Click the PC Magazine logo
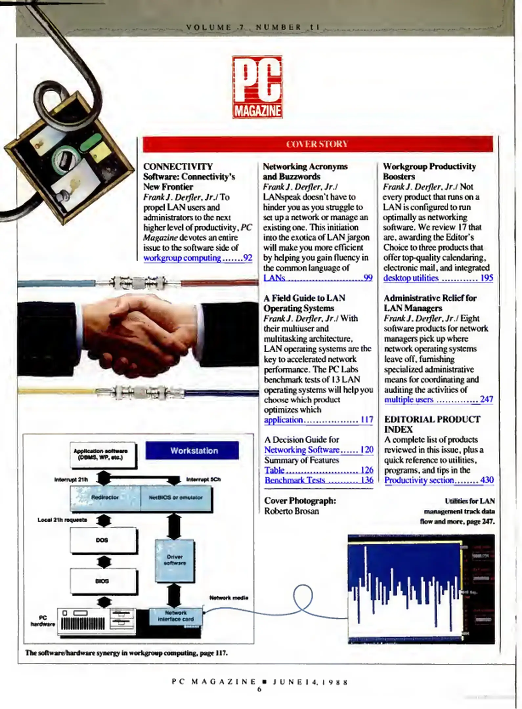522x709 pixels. [x=257, y=87]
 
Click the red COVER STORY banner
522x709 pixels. [x=317, y=144]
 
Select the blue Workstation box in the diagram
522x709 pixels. [x=192, y=451]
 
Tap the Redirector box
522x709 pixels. [x=105, y=498]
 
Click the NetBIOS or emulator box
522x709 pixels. [x=176, y=498]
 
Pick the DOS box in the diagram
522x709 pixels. [x=102, y=540]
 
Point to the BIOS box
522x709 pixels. [x=102, y=581]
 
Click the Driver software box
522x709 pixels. [x=175, y=560]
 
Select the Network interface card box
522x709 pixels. [x=176, y=616]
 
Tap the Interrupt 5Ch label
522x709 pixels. [x=203, y=480]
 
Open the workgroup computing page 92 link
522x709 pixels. [x=197, y=258]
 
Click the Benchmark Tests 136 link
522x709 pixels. [x=318, y=480]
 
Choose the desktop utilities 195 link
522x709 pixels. [x=438, y=278]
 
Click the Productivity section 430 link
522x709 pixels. [x=439, y=480]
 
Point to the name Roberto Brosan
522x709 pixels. [x=292, y=511]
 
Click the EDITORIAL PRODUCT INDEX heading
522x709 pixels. [x=432, y=424]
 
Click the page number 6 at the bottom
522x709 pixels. [x=259, y=690]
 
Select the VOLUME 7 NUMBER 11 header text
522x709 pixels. [x=253, y=27]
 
